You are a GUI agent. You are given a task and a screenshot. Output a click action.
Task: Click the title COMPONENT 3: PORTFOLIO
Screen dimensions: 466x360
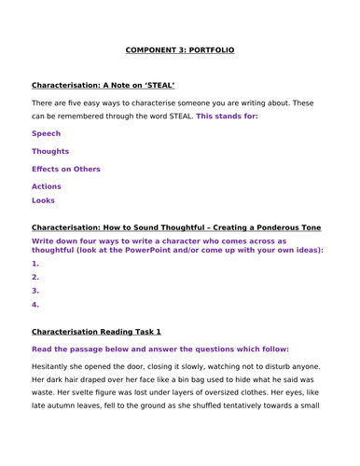tap(180, 49)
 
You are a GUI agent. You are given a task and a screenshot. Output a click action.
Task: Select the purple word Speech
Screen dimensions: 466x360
tap(47, 133)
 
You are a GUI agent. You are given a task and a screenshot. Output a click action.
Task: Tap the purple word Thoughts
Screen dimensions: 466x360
tap(50, 151)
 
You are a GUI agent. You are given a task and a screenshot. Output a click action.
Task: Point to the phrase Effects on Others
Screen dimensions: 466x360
tap(65, 169)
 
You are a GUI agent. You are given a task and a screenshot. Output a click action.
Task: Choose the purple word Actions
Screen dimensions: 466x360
tap(46, 186)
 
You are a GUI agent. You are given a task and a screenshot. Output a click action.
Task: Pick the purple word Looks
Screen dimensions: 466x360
tap(43, 200)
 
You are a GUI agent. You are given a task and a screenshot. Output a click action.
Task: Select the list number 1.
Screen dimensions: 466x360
tap(35, 264)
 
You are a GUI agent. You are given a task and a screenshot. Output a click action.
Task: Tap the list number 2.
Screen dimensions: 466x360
tap(35, 277)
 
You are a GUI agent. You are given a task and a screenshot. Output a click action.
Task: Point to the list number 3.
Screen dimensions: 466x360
tap(35, 291)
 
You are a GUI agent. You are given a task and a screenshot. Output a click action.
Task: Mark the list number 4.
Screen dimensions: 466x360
tap(35, 304)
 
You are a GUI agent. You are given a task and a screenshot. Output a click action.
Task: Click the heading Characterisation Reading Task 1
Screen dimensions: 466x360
tap(96, 331)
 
